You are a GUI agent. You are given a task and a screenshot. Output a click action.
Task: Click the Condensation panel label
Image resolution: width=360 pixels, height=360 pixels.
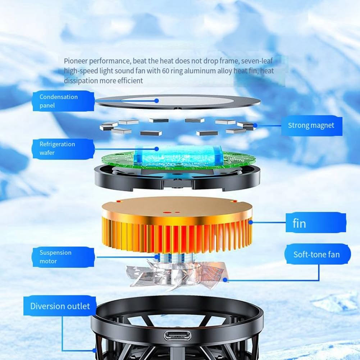[63, 101]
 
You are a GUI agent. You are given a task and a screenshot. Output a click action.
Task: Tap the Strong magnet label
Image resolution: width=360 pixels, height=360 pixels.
[311, 126]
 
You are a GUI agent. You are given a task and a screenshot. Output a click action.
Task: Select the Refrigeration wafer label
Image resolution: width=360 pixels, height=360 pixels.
[63, 149]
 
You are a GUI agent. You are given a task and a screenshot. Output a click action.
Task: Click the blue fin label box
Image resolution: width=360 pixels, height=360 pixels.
[316, 223]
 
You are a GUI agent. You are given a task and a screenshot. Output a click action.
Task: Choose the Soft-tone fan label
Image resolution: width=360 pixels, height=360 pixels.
[317, 254]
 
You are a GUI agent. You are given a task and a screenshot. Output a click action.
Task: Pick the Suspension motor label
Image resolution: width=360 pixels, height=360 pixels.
[63, 257]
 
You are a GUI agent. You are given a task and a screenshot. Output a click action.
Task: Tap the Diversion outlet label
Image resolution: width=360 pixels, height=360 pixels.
[60, 306]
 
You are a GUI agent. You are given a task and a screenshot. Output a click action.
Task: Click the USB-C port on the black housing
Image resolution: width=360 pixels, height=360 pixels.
[177, 336]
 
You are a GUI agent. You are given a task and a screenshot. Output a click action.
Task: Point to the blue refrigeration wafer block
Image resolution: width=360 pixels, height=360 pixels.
[178, 155]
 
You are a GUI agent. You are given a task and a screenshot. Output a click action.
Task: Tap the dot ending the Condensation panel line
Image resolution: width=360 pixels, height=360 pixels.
[156, 101]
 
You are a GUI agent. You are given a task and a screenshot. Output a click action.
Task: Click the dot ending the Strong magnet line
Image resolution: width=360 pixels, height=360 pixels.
[255, 126]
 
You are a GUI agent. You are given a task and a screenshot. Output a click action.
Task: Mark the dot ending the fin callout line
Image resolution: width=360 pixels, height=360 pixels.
[251, 222]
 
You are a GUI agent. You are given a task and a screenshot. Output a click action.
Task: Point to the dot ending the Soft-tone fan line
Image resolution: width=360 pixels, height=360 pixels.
[225, 280]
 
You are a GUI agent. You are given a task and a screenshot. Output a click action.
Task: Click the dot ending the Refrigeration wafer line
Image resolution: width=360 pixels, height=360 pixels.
[156, 149]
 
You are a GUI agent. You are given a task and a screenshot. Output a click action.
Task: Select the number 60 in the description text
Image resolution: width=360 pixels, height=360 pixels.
[165, 71]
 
